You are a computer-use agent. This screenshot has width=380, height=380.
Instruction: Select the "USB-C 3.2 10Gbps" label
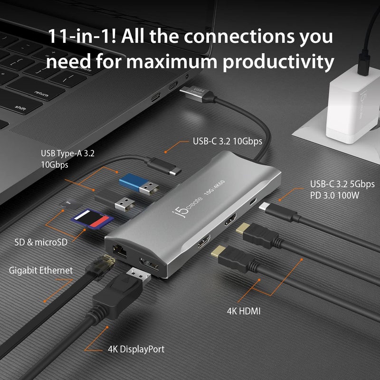click(228, 141)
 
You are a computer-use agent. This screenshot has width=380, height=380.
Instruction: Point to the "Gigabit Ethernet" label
click(41, 270)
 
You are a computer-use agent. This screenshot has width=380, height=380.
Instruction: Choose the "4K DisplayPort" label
click(136, 349)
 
